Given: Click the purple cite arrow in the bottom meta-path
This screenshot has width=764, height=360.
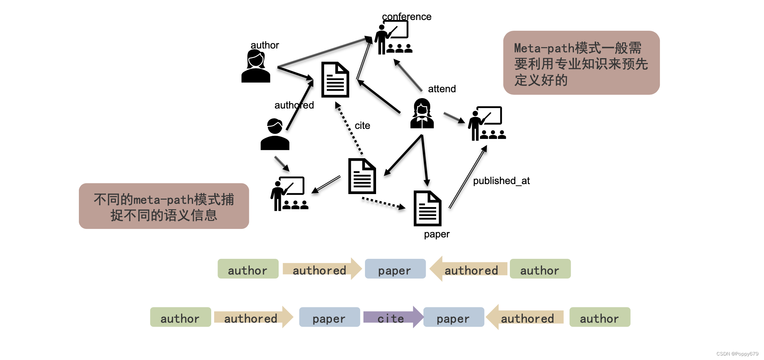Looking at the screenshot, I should point(392,317).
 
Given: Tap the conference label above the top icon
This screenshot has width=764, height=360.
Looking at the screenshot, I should point(406,17).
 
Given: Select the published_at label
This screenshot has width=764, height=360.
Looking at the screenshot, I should point(501,181).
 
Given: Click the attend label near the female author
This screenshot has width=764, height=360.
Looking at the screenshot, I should point(442,89).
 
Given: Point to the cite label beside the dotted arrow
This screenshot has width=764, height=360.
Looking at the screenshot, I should point(362,126).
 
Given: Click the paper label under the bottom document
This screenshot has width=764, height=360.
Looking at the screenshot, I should point(436,234).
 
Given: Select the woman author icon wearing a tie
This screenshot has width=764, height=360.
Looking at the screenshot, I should point(422,114).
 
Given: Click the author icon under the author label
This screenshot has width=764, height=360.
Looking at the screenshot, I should point(256,67).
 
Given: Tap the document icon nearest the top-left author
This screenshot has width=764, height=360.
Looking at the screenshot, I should point(335,80).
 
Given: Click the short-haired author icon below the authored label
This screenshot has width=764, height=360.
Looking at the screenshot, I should point(275,134).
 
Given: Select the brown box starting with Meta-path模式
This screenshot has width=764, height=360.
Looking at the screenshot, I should point(581,63).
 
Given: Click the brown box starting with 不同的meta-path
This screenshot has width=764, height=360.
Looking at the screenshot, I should point(164,206).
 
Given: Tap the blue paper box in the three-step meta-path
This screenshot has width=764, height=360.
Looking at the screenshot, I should point(395,269).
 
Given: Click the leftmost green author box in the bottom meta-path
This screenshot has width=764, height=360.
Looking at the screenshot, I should point(180,317).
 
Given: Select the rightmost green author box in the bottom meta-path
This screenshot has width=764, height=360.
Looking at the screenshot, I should point(599,317).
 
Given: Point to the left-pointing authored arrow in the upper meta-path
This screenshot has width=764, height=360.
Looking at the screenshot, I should point(469,269).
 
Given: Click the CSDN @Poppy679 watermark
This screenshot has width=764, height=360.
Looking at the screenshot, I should point(737,354).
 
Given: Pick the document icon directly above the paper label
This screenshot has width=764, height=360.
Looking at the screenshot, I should point(427,208).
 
